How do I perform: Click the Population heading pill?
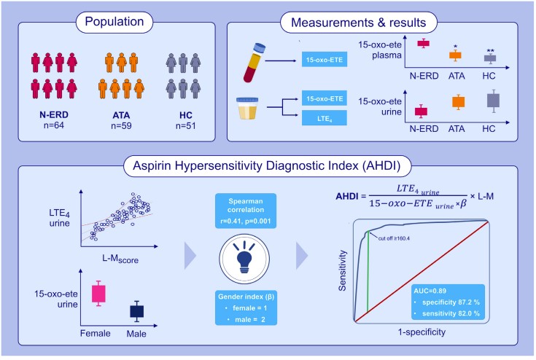tap(114, 22)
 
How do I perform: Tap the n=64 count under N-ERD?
tap(54, 125)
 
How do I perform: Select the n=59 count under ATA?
tap(121, 125)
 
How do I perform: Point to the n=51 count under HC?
tap(186, 125)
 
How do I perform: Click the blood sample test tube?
tap(255, 63)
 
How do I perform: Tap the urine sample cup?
tap(247, 109)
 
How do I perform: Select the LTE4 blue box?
tap(325, 118)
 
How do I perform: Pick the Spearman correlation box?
tap(246, 211)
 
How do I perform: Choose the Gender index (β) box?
tap(246, 308)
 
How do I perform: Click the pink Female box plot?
tap(98, 294)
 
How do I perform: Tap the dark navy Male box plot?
tap(137, 311)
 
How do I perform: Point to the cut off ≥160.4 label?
tap(394, 238)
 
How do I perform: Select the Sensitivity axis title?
tap(343, 270)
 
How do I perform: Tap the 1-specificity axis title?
tap(422, 332)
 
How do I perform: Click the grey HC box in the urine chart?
tap(493, 101)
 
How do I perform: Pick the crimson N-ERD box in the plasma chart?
tap(424, 44)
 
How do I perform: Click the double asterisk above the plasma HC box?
tap(491, 51)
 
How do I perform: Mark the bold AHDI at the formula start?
tap(347, 196)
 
